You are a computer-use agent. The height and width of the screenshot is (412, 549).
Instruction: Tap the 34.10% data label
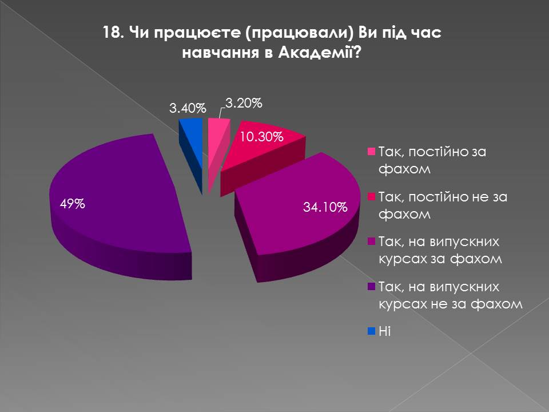click(x=325, y=207)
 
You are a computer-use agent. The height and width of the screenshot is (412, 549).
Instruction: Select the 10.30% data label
click(x=261, y=137)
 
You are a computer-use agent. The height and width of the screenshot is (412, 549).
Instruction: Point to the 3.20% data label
click(x=244, y=104)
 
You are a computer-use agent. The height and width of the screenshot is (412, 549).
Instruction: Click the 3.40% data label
click(x=187, y=108)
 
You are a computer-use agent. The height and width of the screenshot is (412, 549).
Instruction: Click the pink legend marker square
click(x=371, y=152)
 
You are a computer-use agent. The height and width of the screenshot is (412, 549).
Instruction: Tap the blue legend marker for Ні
click(x=371, y=331)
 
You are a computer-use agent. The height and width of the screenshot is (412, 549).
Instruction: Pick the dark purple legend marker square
click(x=371, y=286)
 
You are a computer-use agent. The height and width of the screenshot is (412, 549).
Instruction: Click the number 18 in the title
click(x=110, y=32)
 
